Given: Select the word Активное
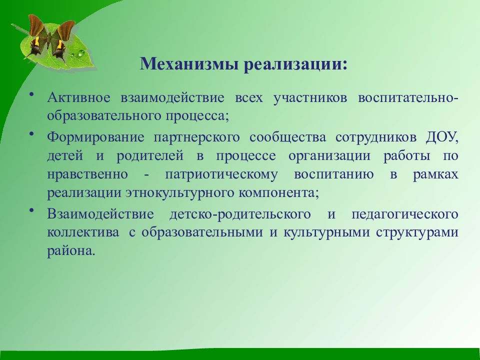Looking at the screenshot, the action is (x=78, y=97).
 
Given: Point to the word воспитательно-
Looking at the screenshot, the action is (x=408, y=97).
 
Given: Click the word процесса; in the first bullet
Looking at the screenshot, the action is (x=198, y=116).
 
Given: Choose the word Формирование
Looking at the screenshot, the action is (x=95, y=137).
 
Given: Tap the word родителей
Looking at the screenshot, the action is (x=150, y=156).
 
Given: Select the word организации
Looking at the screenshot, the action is (x=329, y=156).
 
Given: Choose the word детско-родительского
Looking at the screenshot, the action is (x=240, y=214).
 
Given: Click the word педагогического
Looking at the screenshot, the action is (x=405, y=214).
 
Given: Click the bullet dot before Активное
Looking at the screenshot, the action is (x=31, y=94).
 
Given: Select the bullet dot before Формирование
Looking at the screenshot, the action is (x=31, y=134).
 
